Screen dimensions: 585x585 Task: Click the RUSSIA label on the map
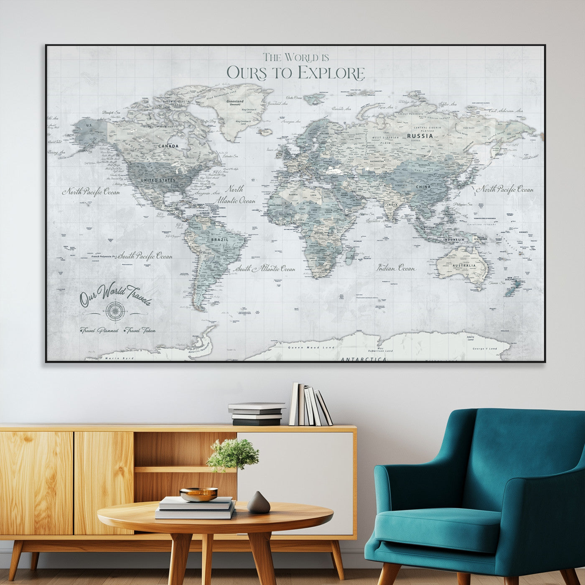[x=420, y=136]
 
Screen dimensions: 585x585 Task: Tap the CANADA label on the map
[x=168, y=146]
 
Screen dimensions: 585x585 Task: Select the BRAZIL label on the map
[x=219, y=240]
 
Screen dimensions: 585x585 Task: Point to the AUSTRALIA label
[x=464, y=266]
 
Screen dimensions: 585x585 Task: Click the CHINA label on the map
[x=423, y=187]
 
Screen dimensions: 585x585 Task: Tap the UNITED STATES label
[x=158, y=180]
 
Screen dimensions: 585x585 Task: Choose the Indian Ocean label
[x=396, y=268]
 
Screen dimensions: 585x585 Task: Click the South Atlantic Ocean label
[x=265, y=269]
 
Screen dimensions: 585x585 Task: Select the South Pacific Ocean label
[x=145, y=256]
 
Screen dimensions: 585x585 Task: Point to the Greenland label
[x=235, y=102]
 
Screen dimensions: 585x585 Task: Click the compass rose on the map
[x=114, y=310]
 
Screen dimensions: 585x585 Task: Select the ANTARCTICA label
[x=364, y=359]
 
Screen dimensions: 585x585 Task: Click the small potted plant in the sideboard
[x=233, y=454]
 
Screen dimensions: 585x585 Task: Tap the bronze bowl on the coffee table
[x=198, y=494]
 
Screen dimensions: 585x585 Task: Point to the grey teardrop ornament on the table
[x=259, y=503]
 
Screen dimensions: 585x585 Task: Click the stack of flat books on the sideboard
[x=256, y=414]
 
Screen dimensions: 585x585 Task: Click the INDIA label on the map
[x=392, y=205]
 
